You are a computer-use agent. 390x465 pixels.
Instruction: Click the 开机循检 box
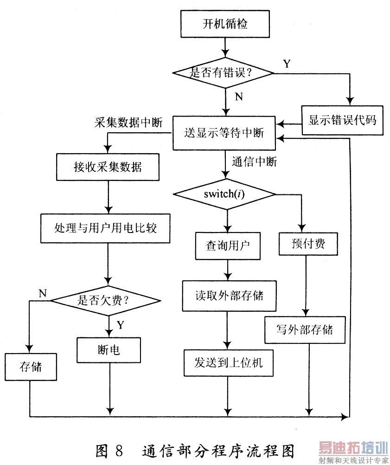pos(225,24)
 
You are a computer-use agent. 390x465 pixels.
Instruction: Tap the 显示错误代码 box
pos(342,120)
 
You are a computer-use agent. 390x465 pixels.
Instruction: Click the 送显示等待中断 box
pos(224,133)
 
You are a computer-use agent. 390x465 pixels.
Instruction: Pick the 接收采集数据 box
pos(108,167)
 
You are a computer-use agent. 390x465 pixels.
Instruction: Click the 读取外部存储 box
pos(229,296)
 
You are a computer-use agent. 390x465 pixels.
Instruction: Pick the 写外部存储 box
pos(305,330)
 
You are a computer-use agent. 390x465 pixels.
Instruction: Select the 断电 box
pos(109,349)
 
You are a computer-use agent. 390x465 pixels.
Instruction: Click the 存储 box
pos(31,367)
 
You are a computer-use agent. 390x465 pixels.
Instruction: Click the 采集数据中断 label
pos(128,123)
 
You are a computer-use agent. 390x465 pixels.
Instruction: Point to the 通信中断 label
pos(254,162)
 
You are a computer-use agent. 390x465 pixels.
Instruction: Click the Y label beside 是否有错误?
pos(287,64)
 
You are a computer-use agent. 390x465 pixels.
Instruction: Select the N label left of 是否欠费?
pos(42,293)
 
